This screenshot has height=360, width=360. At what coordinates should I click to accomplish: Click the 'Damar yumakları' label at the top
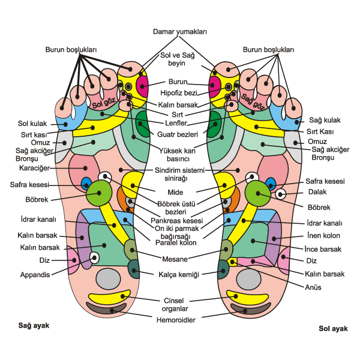pyautogui.click(x=180, y=31)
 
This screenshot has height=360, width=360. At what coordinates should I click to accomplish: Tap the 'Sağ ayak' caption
pyautogui.click(x=34, y=326)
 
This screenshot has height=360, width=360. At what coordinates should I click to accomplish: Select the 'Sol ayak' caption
pyautogui.click(x=333, y=329)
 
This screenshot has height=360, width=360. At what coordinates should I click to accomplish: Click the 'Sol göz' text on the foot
pyautogui.click(x=104, y=103)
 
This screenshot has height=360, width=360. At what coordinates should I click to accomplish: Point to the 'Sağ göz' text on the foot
pyautogui.click(x=253, y=101)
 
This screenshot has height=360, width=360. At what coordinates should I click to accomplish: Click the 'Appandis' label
pyautogui.click(x=35, y=275)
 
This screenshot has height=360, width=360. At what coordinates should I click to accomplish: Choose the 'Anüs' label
pyautogui.click(x=313, y=287)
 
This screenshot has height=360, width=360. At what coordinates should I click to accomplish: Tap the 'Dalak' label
pyautogui.click(x=317, y=192)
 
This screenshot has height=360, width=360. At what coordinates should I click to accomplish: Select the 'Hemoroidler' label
pyautogui.click(x=176, y=320)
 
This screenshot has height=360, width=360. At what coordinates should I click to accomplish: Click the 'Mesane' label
pyautogui.click(x=175, y=259)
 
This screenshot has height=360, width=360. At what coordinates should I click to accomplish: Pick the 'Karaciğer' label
pyautogui.click(x=34, y=168)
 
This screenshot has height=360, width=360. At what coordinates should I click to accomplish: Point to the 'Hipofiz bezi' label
pyautogui.click(x=179, y=93)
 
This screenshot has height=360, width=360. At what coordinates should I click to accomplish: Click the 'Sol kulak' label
pyautogui.click(x=32, y=124)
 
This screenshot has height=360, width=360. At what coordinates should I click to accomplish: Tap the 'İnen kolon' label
pyautogui.click(x=323, y=235)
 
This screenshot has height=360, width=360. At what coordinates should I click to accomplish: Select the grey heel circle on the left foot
pyautogui.click(x=248, y=280)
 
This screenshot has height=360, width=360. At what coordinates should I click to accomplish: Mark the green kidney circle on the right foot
pyautogui.click(x=99, y=193)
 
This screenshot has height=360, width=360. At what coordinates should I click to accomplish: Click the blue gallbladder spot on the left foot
pyautogui.click(x=271, y=184)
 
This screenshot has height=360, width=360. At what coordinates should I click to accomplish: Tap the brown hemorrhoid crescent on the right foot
pyautogui.click(x=106, y=308)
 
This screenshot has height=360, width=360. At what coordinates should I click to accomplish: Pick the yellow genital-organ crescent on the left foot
pyautogui.click(x=247, y=298)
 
